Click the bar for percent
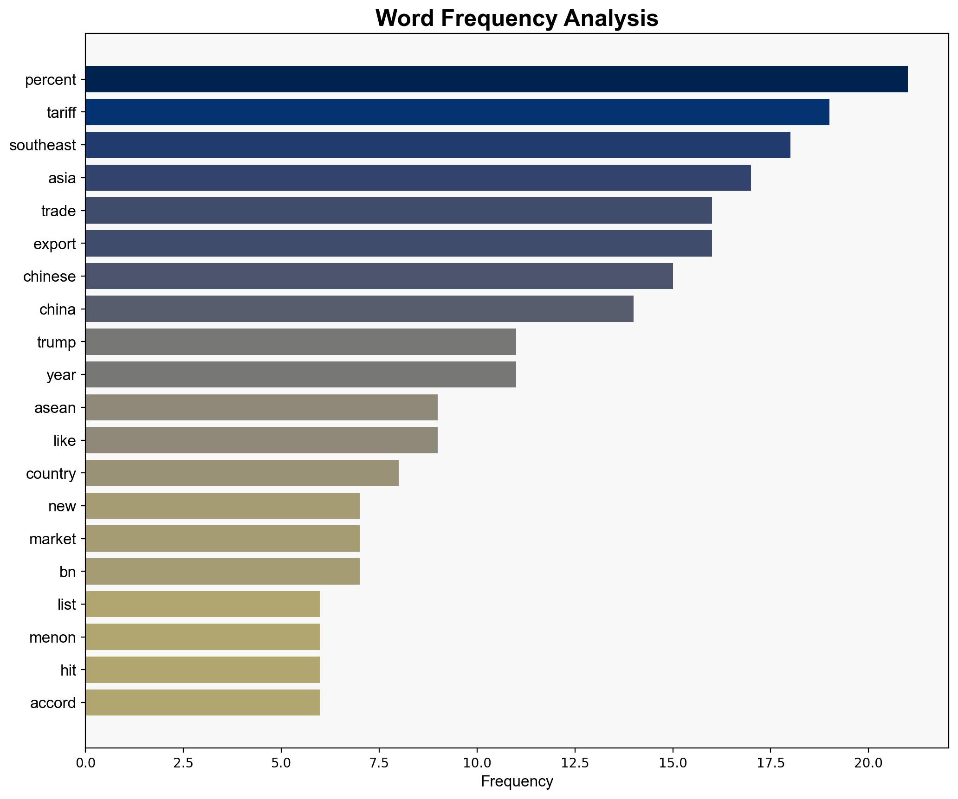pyautogui.click(x=496, y=79)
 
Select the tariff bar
pyautogui.click(x=457, y=112)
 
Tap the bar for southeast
pyautogui.click(x=438, y=145)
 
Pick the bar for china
pyautogui.click(x=359, y=309)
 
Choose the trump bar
pyautogui.click(x=300, y=342)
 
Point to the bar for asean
pyautogui.click(x=261, y=407)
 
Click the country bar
pyautogui.click(x=242, y=473)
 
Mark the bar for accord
pyautogui.click(x=203, y=702)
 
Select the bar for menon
pyautogui.click(x=203, y=637)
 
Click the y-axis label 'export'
pyautogui.click(x=54, y=244)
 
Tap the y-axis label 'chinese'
pyautogui.click(x=49, y=277)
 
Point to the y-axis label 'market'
pyautogui.click(x=52, y=539)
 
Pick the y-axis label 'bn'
pyautogui.click(x=67, y=572)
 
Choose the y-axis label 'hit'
pyautogui.click(x=68, y=670)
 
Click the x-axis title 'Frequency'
pyautogui.click(x=517, y=782)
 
